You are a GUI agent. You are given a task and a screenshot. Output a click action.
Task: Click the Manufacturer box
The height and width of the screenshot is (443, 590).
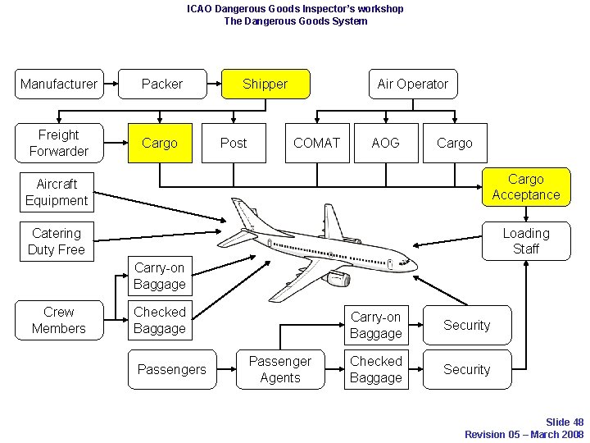tap(59, 84)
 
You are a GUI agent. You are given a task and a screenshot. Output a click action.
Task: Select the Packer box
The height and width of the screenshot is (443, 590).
tap(162, 84)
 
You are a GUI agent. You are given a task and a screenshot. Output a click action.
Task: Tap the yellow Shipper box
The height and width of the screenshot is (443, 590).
tap(265, 84)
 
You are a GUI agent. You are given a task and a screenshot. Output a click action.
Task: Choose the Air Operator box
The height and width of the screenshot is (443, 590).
tap(412, 84)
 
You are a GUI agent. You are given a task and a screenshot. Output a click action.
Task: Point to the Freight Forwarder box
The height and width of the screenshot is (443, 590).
tap(59, 143)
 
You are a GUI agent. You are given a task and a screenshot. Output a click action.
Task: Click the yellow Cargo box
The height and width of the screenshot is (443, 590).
tap(160, 143)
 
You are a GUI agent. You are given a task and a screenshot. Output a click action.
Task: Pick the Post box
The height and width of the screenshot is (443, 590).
tap(234, 143)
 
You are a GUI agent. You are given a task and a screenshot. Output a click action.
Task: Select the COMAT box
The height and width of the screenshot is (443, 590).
tap(316, 143)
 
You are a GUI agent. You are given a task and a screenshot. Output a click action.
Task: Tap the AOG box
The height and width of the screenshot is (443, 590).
tap(385, 143)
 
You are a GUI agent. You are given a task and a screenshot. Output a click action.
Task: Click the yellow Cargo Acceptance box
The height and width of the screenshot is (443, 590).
tap(525, 187)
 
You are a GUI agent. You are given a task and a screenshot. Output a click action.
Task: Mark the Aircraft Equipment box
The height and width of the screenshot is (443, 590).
tap(57, 192)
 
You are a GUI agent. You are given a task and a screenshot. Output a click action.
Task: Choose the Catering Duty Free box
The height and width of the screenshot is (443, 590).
tap(57, 241)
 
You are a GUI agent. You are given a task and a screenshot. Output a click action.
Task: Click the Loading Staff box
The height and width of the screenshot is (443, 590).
tap(525, 241)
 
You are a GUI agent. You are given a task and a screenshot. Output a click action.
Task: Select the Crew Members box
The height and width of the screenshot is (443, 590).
tap(59, 320)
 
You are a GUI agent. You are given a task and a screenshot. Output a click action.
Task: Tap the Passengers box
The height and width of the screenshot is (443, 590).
tap(172, 369)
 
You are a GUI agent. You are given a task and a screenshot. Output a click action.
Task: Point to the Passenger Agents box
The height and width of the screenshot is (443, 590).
tap(280, 369)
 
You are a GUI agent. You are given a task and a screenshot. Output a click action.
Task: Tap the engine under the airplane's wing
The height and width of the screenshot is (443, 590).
tap(337, 280)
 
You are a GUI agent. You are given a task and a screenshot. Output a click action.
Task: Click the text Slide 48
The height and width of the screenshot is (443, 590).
tap(565, 422)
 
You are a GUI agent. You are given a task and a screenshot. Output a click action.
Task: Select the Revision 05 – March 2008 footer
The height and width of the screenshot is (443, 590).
tap(524, 434)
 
